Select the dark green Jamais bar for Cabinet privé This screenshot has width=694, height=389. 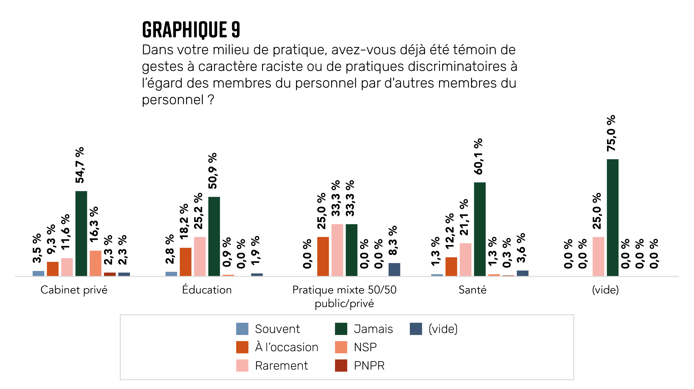coord(81,233)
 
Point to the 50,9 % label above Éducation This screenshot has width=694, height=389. coord(213,171)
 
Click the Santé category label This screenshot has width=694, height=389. coord(472,290)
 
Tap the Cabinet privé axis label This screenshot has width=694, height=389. coord(74,290)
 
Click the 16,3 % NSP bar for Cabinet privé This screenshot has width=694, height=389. coord(95,263)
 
